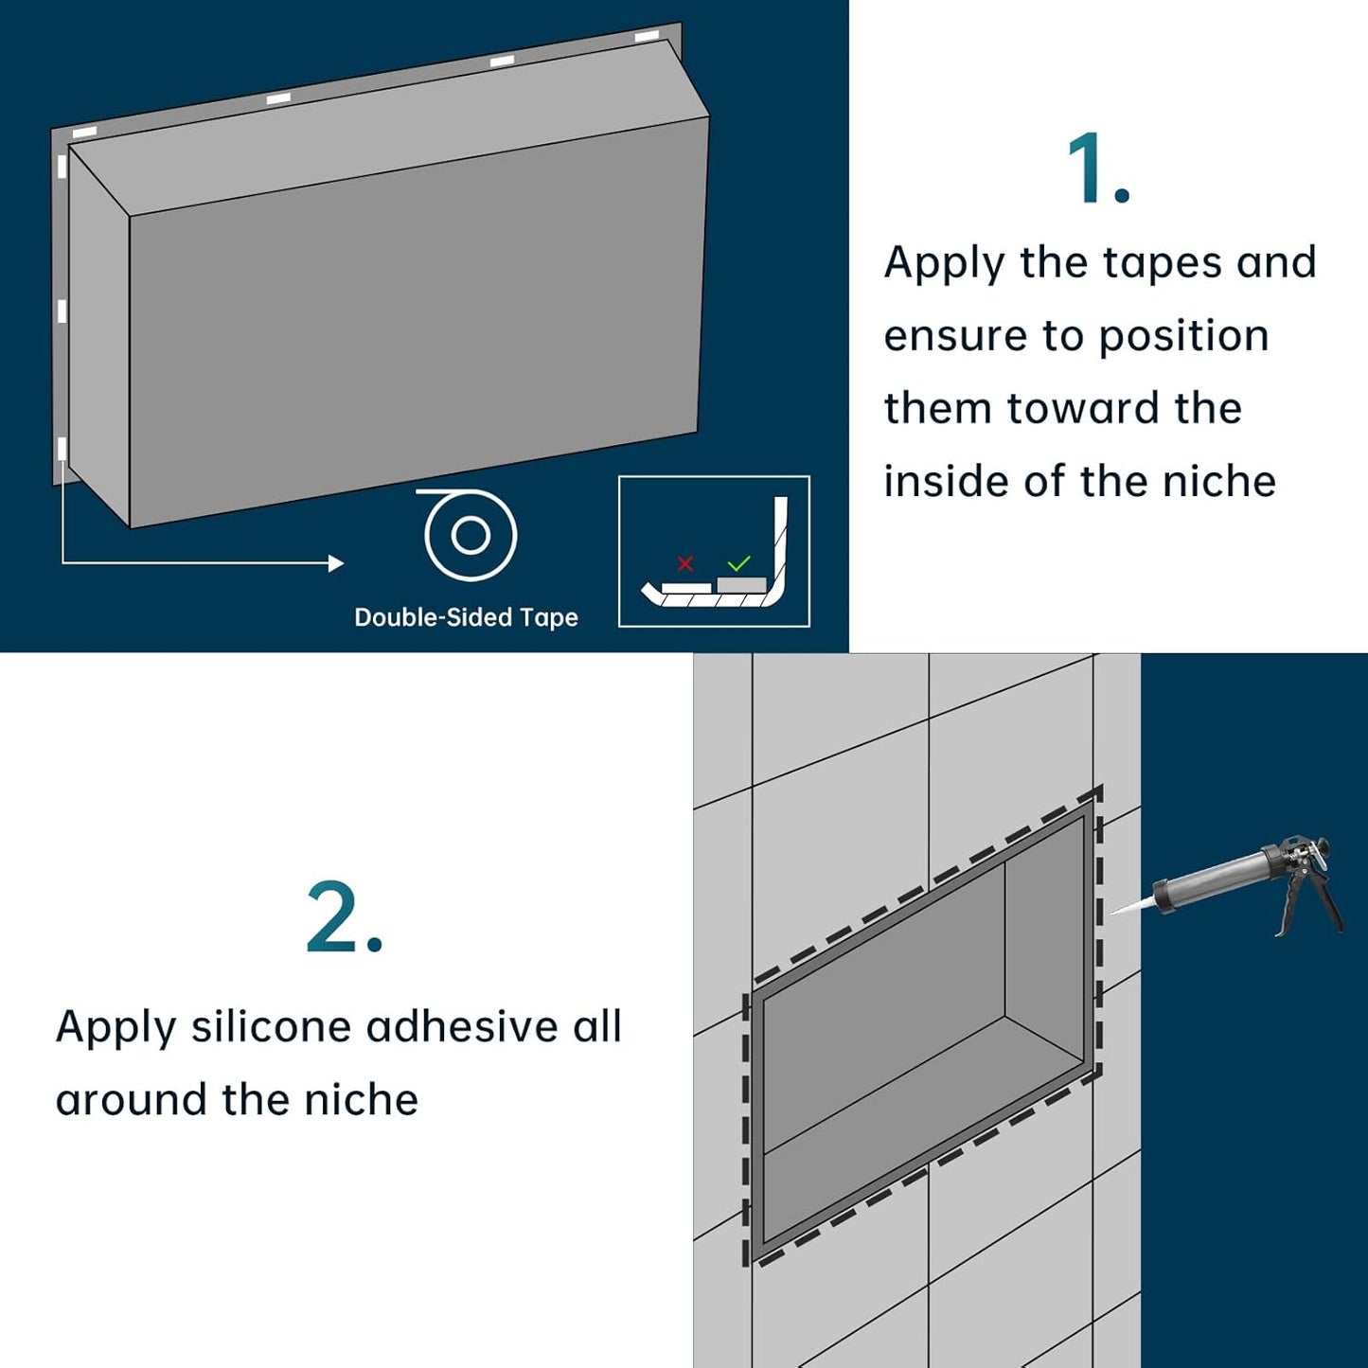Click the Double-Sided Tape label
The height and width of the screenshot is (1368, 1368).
coord(467,617)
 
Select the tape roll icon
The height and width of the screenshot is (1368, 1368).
coord(470,534)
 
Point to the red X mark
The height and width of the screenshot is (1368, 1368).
coord(685,563)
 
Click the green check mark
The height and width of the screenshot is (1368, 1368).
coord(739,563)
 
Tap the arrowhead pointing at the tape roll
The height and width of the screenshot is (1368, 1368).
coord(336,563)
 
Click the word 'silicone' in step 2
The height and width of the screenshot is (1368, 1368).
coord(272,1026)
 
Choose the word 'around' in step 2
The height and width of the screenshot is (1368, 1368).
coord(132,1100)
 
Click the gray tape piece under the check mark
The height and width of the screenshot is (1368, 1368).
coord(742,585)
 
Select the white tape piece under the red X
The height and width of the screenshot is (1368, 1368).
coord(686,588)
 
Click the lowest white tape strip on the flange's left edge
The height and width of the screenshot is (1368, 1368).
coord(62,450)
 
